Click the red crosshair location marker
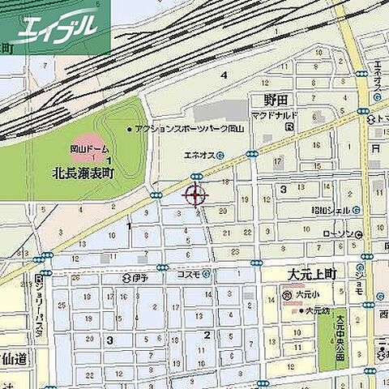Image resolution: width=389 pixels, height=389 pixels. click(195, 194)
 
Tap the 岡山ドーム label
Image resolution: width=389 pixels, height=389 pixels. click(87, 151)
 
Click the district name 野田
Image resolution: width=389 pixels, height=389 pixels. click(276, 100)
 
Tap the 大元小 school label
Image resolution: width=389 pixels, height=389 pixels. click(304, 297)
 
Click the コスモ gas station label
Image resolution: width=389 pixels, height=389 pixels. click(189, 274)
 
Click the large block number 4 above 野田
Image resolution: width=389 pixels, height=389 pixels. click(224, 75)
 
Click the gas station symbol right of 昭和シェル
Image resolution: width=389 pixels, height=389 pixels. click(357, 210)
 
